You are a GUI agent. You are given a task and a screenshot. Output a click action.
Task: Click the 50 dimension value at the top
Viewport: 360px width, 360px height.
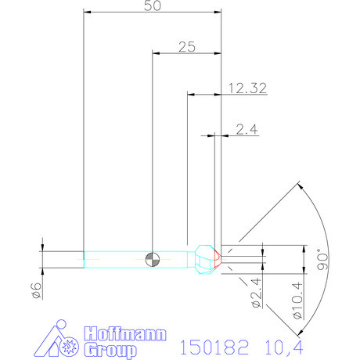click(153, 6)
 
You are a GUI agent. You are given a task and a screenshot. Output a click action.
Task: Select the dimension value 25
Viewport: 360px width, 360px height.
click(186, 47)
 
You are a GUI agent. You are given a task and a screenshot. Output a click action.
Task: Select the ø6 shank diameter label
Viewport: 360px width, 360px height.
click(35, 290)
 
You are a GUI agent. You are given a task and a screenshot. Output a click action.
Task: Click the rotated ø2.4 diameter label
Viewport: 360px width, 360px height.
click(255, 293)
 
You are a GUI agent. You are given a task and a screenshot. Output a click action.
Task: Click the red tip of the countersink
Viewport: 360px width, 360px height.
click(218, 257)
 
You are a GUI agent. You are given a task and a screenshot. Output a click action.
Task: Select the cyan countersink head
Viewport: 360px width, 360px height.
click(205, 257)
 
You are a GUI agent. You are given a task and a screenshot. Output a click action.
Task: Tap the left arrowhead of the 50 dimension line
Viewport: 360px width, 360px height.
click(87, 13)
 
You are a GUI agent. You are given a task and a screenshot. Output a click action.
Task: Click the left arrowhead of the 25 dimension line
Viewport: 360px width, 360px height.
click(156, 53)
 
